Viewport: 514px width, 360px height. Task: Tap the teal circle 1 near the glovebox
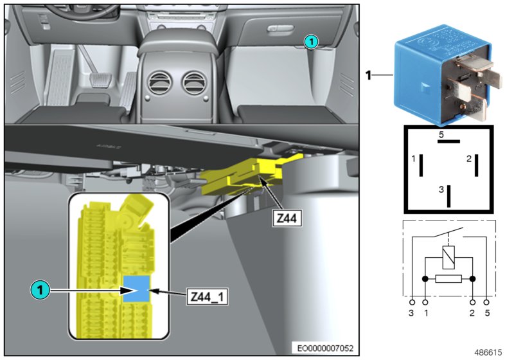click(310, 41)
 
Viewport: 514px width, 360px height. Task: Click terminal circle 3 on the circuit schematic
click(411, 301)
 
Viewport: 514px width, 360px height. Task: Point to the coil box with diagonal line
click(448, 258)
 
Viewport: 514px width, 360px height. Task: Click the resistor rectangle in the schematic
click(448, 280)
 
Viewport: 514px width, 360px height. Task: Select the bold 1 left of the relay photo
click(369, 75)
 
